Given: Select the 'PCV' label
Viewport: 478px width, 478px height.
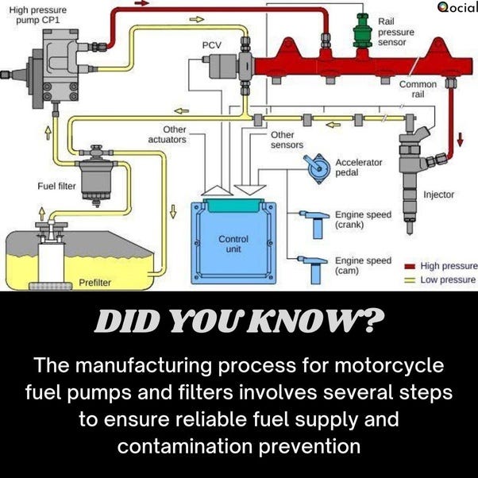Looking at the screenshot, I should tap(211, 45).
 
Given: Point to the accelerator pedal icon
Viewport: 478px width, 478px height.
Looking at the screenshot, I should tap(316, 168).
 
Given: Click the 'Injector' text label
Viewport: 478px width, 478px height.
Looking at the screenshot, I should tap(438, 195).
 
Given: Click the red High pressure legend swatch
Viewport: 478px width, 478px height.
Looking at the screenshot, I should tap(411, 266).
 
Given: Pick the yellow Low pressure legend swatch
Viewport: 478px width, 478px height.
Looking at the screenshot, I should tap(411, 279).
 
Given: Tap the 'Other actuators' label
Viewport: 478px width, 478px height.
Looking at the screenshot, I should tap(168, 134).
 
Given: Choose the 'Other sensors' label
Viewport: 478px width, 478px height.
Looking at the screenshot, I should tap(287, 141).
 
